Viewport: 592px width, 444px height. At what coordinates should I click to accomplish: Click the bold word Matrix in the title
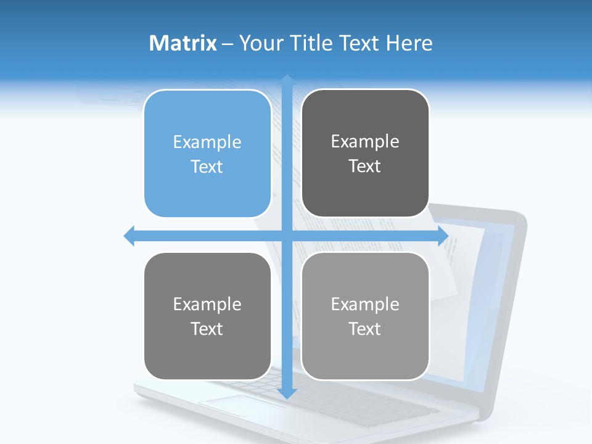(x=183, y=43)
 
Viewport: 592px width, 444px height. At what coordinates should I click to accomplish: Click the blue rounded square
(x=207, y=154)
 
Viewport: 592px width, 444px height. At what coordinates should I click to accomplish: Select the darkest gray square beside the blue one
(x=365, y=153)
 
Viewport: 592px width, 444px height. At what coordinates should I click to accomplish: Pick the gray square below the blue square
(x=207, y=316)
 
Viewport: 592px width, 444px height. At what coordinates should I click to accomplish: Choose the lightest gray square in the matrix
(x=365, y=316)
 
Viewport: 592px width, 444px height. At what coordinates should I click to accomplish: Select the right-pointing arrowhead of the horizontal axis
(x=443, y=236)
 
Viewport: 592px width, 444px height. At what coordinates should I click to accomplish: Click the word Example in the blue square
(x=207, y=142)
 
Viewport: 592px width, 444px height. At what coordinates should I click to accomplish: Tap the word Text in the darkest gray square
(x=365, y=166)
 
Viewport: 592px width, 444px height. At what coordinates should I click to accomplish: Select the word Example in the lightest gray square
(x=365, y=304)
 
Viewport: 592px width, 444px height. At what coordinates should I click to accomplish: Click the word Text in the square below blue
(x=207, y=329)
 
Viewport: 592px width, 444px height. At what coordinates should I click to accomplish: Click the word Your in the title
(x=259, y=43)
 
